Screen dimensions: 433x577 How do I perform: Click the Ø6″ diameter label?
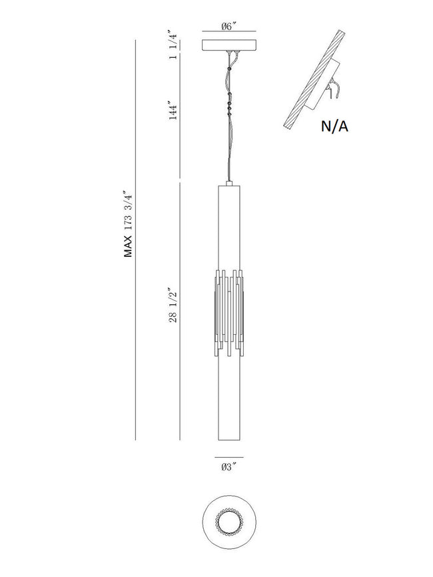tap(228, 27)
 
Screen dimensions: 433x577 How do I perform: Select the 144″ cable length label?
tap(173, 110)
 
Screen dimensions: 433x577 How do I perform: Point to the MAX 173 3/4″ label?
tap(128, 224)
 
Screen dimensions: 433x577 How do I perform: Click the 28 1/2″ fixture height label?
tap(173, 305)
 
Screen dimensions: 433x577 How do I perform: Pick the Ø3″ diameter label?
tap(228, 467)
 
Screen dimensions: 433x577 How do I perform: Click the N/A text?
tap(334, 126)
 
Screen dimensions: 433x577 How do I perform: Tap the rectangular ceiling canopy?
tap(229, 45)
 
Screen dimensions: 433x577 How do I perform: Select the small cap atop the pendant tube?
tap(229, 183)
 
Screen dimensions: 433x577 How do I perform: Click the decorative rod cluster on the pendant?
tap(229, 313)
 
